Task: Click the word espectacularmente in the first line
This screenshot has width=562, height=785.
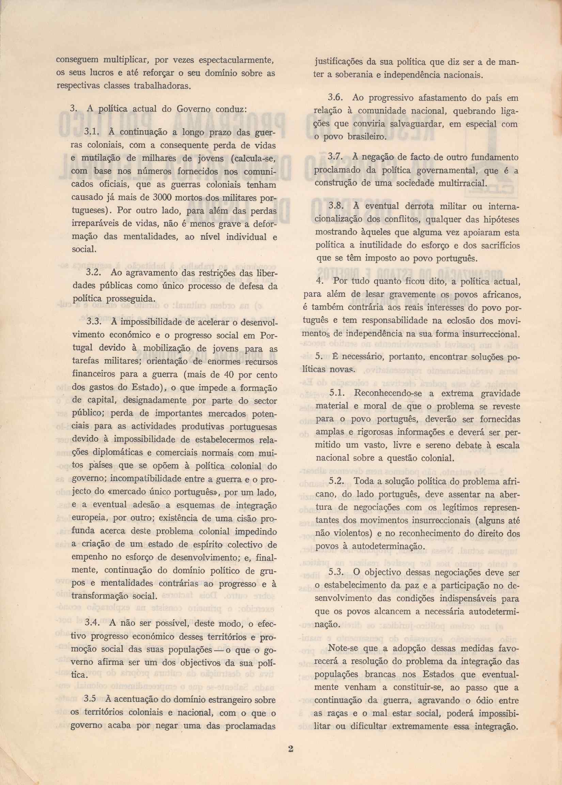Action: (237, 61)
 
